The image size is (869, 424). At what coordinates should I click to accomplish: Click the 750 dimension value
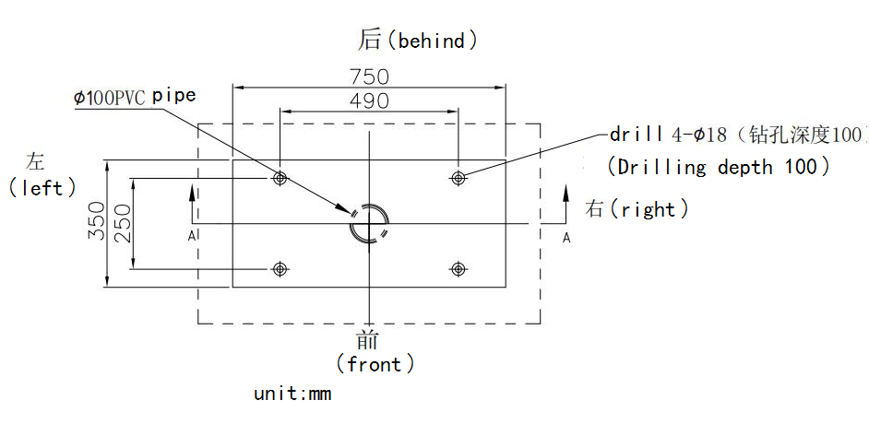tap(369, 77)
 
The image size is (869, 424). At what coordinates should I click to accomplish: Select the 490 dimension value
tap(369, 100)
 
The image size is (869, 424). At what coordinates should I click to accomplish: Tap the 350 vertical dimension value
tap(96, 222)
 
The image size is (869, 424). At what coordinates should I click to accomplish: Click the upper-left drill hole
tap(280, 178)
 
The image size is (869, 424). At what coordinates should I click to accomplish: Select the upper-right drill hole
tap(458, 178)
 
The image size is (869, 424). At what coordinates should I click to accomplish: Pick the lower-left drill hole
tap(280, 268)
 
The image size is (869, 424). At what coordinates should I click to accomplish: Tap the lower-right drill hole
tap(458, 268)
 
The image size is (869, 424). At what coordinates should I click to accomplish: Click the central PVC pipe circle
tap(369, 223)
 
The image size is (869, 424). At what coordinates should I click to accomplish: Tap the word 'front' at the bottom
tap(375, 364)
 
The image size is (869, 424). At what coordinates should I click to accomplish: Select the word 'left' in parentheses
tap(43, 188)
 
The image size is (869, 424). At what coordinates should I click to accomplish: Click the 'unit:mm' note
tap(292, 395)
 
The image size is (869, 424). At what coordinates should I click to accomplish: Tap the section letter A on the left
tap(191, 236)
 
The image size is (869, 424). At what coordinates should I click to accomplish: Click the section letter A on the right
tap(566, 238)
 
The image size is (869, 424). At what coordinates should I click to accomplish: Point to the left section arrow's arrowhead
tap(191, 191)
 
